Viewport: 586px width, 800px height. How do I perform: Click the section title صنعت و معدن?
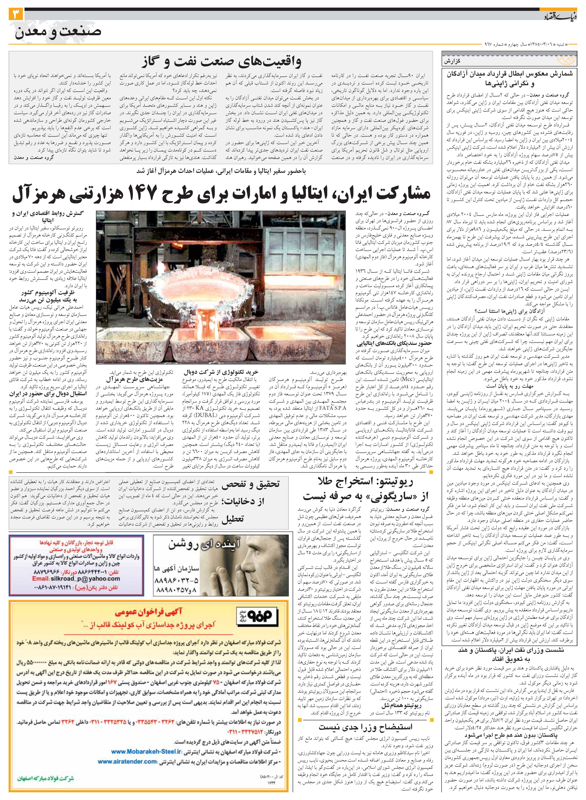tap(58, 32)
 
